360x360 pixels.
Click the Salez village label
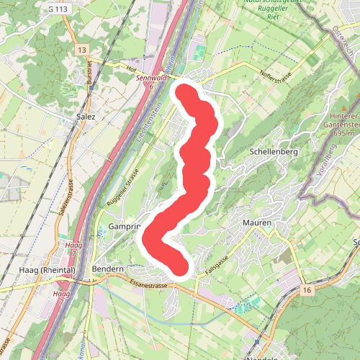click(x=85, y=115)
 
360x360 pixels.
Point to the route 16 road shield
click(x=307, y=289)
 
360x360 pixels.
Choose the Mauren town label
click(x=258, y=223)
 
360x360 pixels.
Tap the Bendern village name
click(x=109, y=269)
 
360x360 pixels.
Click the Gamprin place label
click(x=123, y=226)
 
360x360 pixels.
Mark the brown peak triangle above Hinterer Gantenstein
click(x=345, y=106)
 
